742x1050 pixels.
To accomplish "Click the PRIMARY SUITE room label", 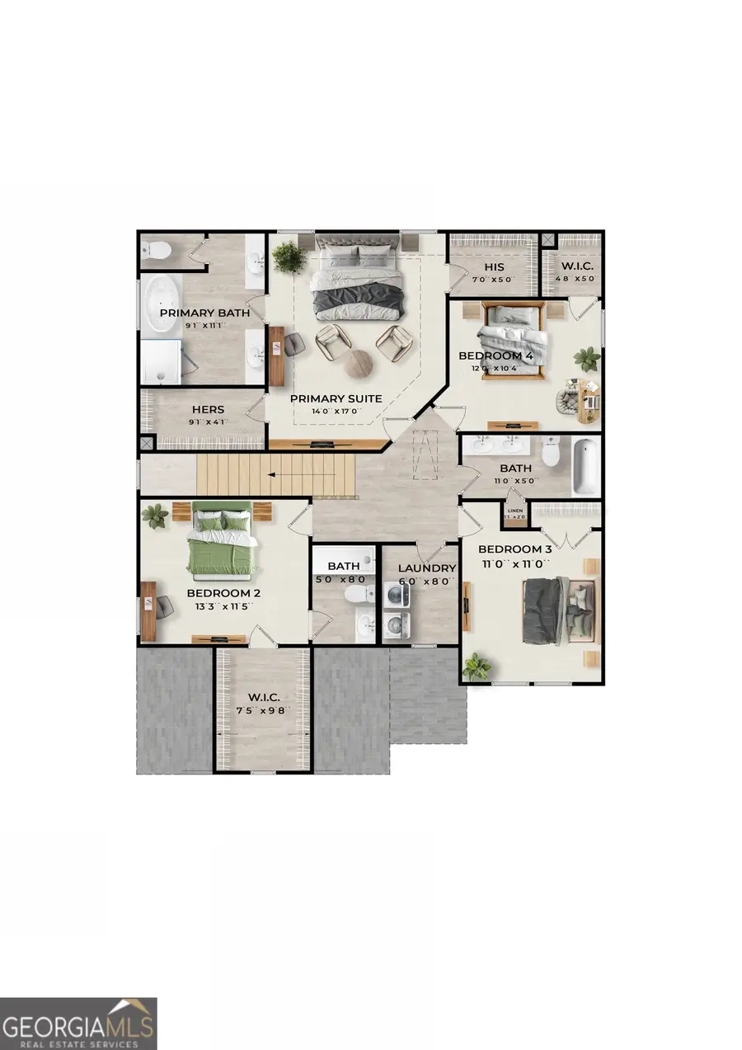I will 336,398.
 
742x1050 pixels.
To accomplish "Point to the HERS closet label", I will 208,409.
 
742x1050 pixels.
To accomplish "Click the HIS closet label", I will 493,268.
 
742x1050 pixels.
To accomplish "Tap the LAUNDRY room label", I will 426,567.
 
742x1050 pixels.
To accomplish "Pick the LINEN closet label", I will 514,511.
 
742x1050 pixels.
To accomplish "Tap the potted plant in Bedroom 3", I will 476,666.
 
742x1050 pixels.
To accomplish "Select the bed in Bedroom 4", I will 512,340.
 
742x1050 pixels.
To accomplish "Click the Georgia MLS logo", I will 78,1023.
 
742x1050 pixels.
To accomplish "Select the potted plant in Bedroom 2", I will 154,516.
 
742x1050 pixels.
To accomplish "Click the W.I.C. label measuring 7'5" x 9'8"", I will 263,697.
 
